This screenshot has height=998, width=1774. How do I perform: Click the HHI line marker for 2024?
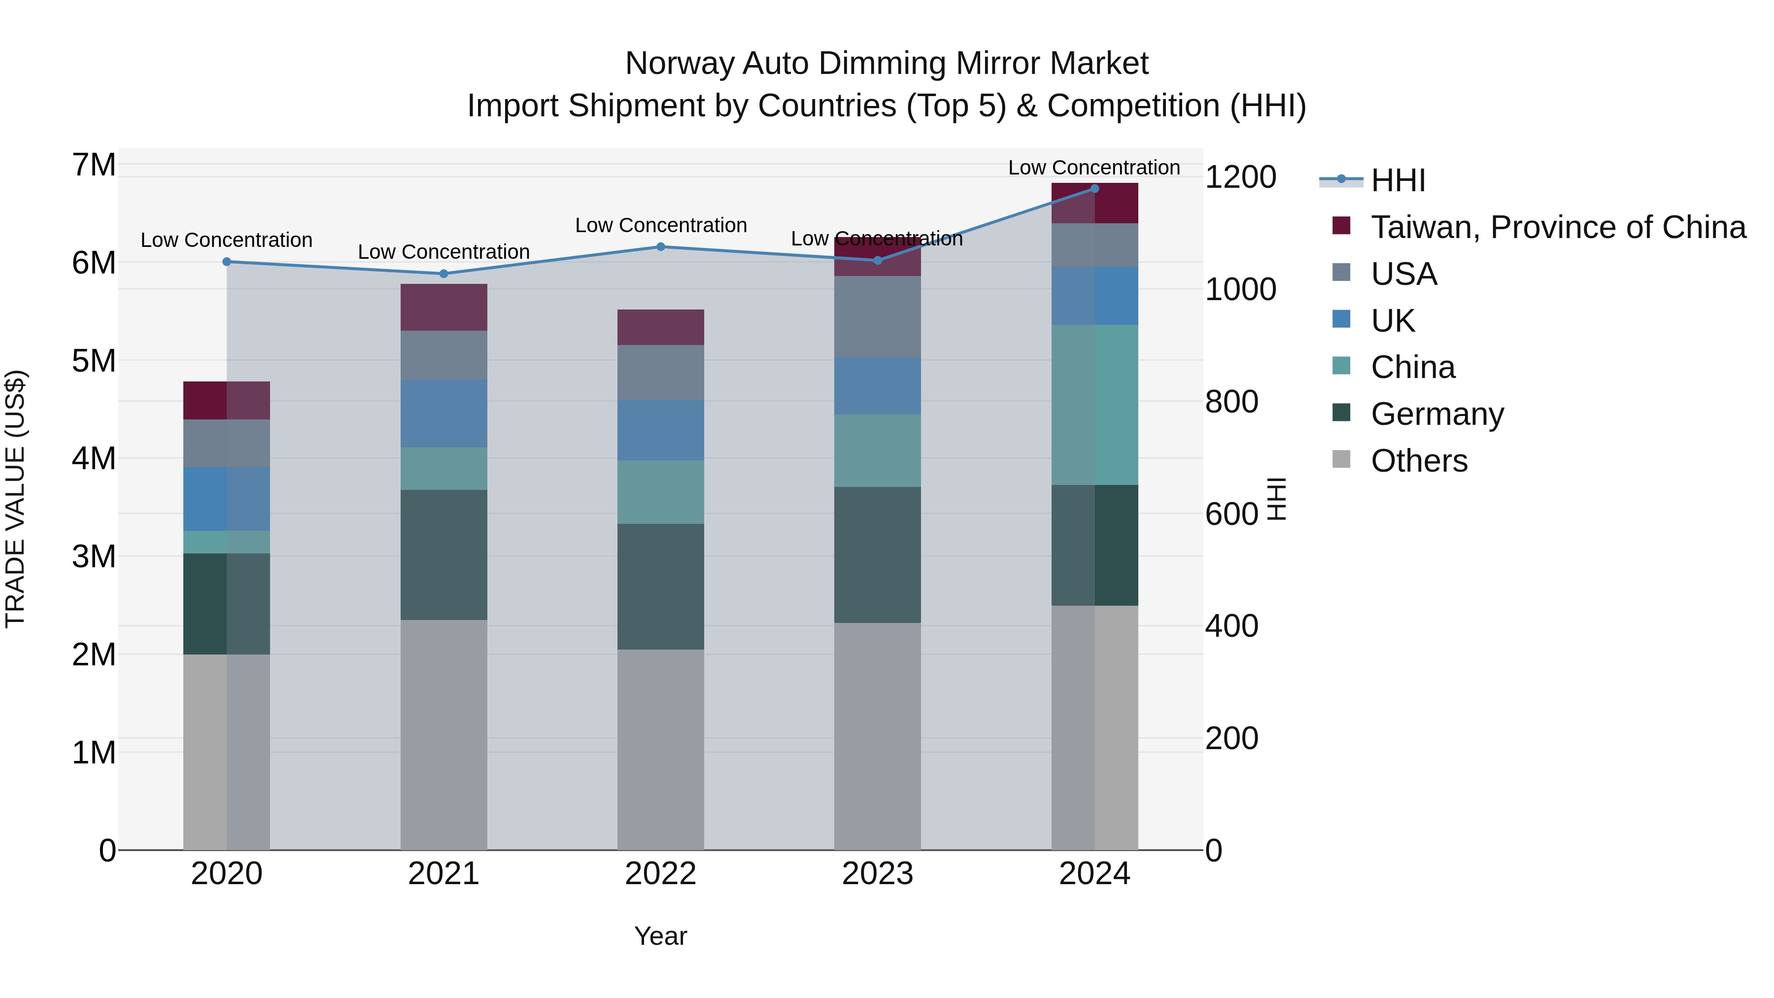click(x=1094, y=189)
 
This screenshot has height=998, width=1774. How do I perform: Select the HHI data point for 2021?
click(x=443, y=274)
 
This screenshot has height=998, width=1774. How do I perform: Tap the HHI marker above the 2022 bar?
click(x=660, y=246)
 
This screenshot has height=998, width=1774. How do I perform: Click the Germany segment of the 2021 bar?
click(x=443, y=555)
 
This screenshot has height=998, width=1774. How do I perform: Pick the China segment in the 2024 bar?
click(x=1094, y=405)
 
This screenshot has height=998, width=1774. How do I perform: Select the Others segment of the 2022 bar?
click(x=660, y=749)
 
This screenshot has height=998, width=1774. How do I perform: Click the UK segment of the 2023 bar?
click(x=877, y=386)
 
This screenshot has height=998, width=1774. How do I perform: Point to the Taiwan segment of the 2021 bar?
click(x=443, y=307)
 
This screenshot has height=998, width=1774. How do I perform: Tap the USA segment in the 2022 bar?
click(x=660, y=373)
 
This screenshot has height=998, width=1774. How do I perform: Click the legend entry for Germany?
click(x=1436, y=414)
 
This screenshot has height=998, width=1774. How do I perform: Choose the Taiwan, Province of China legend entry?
click(x=1558, y=227)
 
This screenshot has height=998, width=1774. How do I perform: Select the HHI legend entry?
click(x=1398, y=180)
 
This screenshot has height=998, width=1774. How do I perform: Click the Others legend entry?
click(x=1419, y=461)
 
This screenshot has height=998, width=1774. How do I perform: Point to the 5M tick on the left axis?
click(x=94, y=361)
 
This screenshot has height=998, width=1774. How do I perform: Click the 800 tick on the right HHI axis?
click(x=1232, y=402)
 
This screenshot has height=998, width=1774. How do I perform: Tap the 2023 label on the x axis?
click(x=877, y=874)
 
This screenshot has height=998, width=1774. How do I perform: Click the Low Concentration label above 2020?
click(x=227, y=241)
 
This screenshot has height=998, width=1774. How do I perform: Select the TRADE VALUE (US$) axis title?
click(x=15, y=499)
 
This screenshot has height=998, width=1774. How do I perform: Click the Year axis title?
click(x=660, y=936)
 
